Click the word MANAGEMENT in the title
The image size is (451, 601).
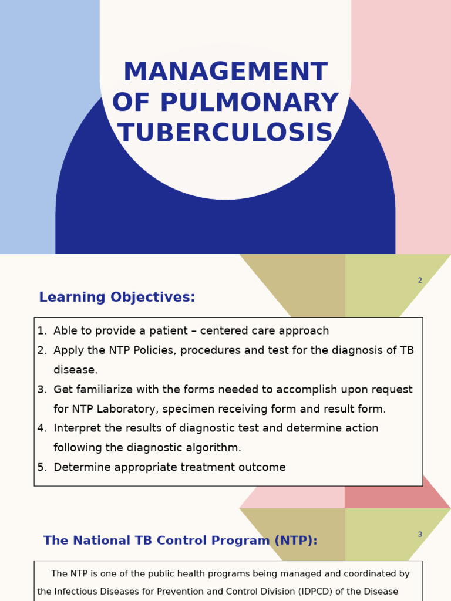225,72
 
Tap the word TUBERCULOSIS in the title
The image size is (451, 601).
225,133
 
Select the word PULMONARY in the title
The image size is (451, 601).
250,103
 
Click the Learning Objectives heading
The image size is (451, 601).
117,298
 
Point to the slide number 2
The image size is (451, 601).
420,281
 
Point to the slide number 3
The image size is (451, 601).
420,535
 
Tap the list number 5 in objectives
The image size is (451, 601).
41,468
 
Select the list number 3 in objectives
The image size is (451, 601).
41,390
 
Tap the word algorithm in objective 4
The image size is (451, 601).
214,448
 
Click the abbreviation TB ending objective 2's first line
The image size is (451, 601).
406,350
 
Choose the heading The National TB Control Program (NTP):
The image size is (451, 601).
180,541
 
